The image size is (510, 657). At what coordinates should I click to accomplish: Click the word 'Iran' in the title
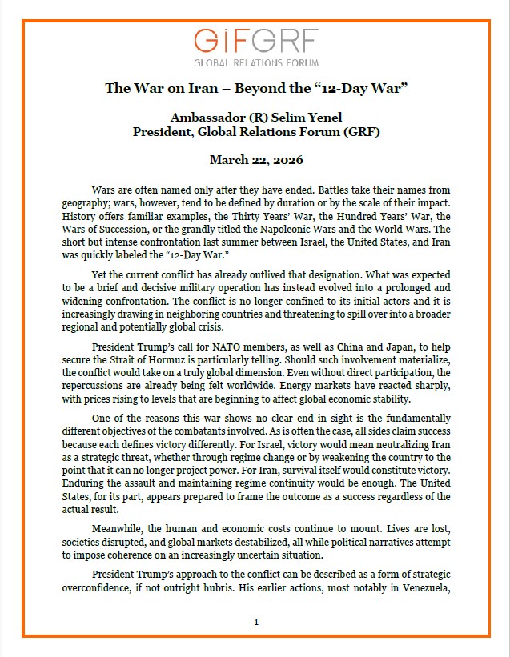198,87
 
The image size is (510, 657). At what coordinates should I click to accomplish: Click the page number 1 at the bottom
255,622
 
